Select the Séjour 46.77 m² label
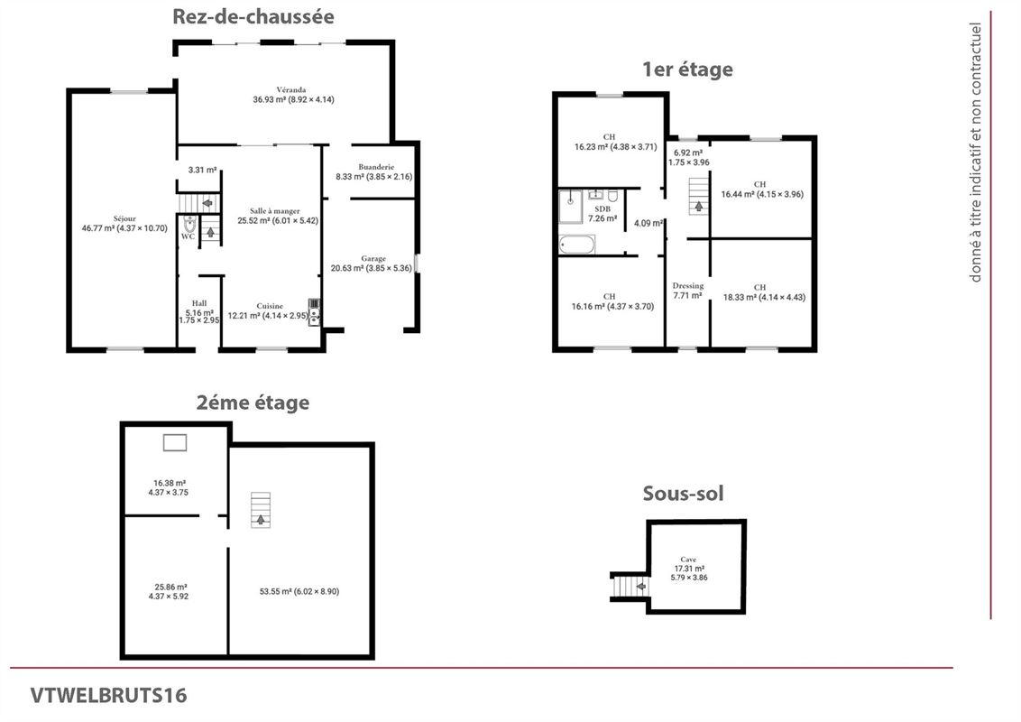coord(124,223)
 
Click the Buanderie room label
coord(373,172)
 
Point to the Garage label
coord(373,263)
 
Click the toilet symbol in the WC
coord(189,224)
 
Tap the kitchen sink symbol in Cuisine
coord(313,311)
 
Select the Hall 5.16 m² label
coord(198,311)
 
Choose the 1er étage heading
coord(686,69)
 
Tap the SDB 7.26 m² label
coord(602,213)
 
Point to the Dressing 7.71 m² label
coord(688,290)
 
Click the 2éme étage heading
coord(253,403)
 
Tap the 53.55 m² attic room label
coord(299,591)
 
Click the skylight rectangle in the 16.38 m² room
coord(175,441)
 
